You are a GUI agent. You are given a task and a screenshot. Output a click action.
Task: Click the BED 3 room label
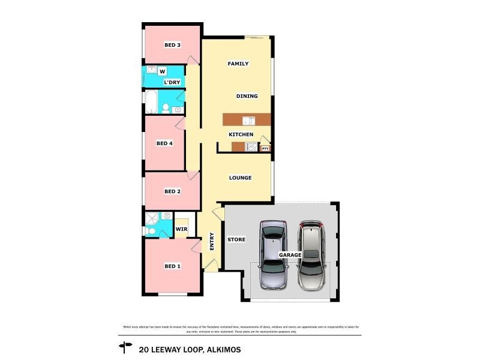[173, 45]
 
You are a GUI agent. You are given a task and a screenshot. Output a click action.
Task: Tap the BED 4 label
[164, 143]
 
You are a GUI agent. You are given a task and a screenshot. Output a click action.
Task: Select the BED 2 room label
[173, 191]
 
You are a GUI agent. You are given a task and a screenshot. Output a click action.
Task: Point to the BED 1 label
[173, 266]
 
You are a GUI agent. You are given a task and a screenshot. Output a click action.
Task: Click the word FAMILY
[238, 64]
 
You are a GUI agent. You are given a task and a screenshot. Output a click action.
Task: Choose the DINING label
[247, 96]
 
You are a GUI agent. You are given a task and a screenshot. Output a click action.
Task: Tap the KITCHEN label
[241, 134]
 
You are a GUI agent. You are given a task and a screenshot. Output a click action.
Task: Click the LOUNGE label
[240, 178]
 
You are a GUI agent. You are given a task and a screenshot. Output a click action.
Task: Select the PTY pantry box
[265, 148]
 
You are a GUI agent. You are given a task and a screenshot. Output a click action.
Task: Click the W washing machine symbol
[162, 71]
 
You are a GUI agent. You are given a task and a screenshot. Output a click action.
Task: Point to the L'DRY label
[172, 82]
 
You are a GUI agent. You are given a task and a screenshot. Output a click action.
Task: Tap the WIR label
[181, 229]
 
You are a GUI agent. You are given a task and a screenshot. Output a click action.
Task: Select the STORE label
[236, 240]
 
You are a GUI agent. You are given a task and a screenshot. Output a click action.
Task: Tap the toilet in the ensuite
[151, 231]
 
